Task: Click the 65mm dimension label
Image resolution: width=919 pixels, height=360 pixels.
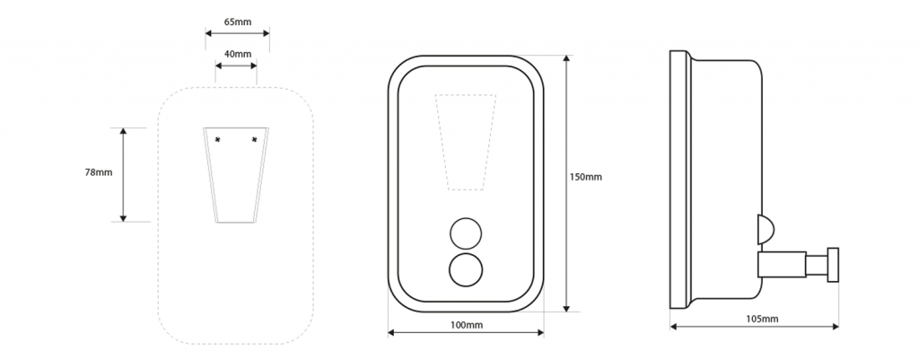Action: (237, 22)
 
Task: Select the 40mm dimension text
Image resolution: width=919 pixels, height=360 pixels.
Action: (237, 54)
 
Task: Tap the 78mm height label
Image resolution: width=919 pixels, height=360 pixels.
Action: (98, 172)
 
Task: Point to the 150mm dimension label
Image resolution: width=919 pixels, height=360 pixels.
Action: (585, 177)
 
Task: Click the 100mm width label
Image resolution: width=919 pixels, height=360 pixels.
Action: (467, 325)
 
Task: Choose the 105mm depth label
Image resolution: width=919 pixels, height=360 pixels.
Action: (762, 319)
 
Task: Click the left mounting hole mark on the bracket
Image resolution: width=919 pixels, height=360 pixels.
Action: (219, 139)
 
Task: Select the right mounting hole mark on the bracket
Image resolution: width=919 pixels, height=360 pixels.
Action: (254, 139)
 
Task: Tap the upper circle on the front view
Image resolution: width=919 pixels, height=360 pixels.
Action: (466, 234)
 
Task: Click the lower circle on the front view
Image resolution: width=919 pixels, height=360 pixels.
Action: (466, 271)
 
